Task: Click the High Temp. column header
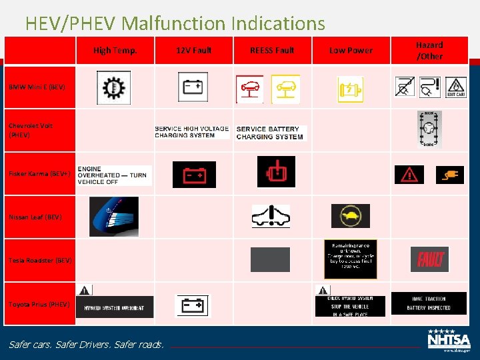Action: point(115,50)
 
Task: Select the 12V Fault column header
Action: point(194,50)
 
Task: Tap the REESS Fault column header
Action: point(272,50)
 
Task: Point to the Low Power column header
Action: point(351,50)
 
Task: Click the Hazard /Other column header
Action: point(429,50)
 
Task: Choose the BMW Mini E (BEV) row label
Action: point(37,87)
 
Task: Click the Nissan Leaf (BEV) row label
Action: point(35,217)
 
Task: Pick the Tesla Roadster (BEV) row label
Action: point(40,260)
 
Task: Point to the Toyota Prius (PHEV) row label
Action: point(39,304)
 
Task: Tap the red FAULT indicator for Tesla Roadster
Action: point(430,259)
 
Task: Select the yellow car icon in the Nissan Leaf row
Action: point(350,216)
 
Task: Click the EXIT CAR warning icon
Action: point(455,87)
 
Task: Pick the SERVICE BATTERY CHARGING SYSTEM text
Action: point(270,133)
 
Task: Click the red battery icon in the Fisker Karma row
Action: point(194,175)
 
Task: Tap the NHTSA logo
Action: point(449,339)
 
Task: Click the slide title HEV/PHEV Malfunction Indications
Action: point(175,24)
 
